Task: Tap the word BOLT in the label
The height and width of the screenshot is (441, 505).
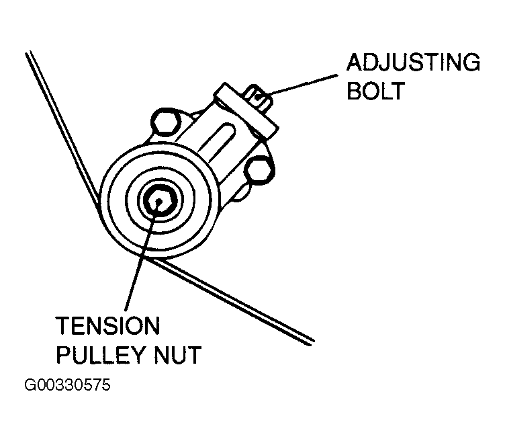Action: point(376,91)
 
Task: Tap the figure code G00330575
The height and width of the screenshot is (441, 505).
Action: point(66,388)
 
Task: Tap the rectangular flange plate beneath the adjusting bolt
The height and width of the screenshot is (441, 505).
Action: point(246,108)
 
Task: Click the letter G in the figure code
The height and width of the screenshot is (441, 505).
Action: point(30,388)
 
